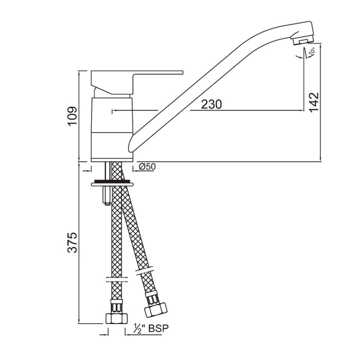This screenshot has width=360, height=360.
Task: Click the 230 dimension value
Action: click(211, 104)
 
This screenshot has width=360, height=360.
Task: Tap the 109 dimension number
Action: click(73, 117)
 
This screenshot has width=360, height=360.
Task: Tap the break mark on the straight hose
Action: click(117, 279)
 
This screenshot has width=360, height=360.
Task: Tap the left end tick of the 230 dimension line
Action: click(112, 111)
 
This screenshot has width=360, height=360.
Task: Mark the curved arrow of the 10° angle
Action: click(299, 56)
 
